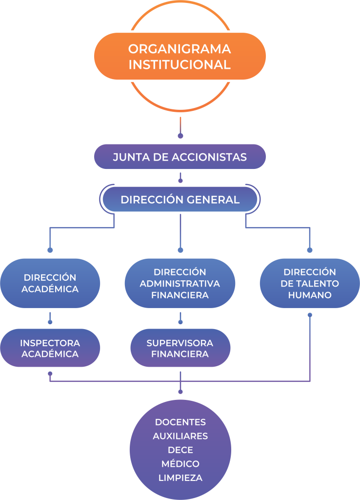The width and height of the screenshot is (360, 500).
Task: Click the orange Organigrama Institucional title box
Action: (x=180, y=56)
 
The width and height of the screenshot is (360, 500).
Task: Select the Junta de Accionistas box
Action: (x=180, y=157)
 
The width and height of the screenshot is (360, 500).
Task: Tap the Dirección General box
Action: (x=180, y=200)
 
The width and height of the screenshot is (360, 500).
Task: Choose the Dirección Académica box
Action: (x=50, y=283)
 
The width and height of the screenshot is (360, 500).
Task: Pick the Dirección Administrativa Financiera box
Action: (x=180, y=283)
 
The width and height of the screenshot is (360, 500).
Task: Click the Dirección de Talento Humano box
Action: (x=310, y=283)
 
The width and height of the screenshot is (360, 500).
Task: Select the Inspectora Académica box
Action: (x=50, y=348)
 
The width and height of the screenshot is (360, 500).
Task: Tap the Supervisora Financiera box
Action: (x=180, y=348)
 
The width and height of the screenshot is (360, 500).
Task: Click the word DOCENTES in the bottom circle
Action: (x=180, y=422)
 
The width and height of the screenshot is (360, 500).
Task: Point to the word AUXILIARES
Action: (x=180, y=436)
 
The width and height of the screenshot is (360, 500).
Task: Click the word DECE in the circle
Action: (x=180, y=450)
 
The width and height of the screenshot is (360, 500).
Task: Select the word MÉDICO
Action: (x=180, y=463)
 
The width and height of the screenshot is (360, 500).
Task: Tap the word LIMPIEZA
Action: (x=180, y=478)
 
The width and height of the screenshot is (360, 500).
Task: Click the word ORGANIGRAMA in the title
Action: (x=180, y=49)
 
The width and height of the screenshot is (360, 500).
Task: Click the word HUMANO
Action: (x=310, y=295)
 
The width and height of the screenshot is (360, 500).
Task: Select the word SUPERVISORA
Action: (x=180, y=343)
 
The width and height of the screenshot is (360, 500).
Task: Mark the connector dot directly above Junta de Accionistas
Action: (x=180, y=136)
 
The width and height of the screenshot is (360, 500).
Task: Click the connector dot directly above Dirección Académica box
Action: (x=50, y=250)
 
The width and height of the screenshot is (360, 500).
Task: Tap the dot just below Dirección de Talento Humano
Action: (x=310, y=315)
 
